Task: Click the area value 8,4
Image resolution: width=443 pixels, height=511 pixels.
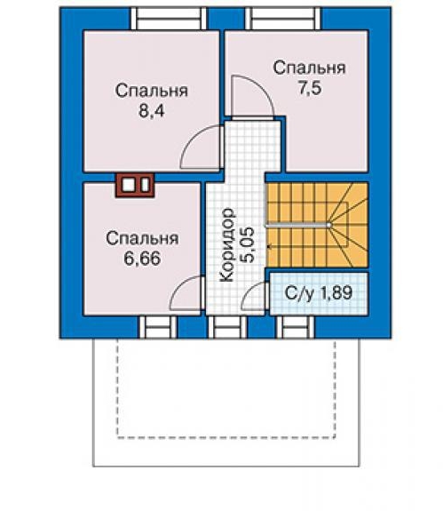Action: pos(152,111)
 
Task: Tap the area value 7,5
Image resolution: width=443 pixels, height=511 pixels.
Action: pos(310,88)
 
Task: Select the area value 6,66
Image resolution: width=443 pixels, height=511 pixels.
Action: pos(142,259)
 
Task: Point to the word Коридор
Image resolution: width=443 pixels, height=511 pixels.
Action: pos(227,244)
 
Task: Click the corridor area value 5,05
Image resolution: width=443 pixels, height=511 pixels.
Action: pos(247,244)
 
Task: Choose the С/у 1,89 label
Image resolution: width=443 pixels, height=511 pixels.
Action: pos(319,292)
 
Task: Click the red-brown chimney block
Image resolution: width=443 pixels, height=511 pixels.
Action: pos(135,185)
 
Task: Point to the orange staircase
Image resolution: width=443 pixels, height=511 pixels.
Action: pos(317,225)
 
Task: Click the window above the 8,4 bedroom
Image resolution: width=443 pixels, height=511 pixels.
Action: pos(169,19)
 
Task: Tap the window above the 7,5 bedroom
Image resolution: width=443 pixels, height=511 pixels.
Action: pos(283,19)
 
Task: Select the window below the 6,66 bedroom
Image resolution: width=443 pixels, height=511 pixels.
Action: pos(158,327)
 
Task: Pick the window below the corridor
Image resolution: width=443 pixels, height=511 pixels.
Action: pos(227,327)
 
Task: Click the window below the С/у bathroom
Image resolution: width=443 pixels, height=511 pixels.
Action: pos(296,327)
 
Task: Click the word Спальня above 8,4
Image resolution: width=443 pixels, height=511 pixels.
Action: pos(152,91)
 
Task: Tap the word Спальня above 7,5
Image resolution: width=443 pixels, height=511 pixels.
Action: pos(309,68)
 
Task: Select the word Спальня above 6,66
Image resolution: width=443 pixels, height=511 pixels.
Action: pos(142,238)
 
